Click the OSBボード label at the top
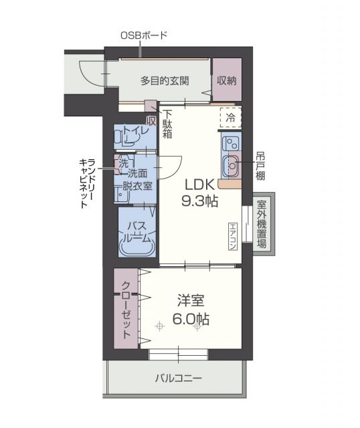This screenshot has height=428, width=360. click(x=143, y=35)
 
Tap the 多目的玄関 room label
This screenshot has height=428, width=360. click(x=164, y=81)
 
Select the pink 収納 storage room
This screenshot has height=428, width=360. click(x=226, y=81)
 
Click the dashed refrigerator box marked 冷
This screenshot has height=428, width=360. click(x=230, y=116)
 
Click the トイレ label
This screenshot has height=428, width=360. click(x=136, y=130)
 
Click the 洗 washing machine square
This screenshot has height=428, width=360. click(x=124, y=162)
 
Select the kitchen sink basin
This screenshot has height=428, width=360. click(x=232, y=163)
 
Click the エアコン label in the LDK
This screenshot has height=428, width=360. click(x=232, y=236)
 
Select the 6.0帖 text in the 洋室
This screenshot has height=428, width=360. click(x=193, y=320)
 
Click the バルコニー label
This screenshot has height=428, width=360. click(x=179, y=379)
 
